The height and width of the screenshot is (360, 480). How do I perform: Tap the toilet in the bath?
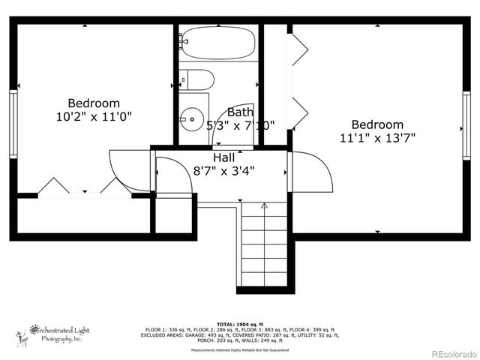(x=196, y=79)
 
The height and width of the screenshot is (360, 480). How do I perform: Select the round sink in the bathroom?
(x=192, y=118)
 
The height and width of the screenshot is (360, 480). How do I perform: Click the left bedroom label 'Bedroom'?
(x=94, y=103)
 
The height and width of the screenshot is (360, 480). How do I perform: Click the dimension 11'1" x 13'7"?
(x=377, y=138)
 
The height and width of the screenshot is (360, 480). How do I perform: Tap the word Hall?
(x=223, y=157)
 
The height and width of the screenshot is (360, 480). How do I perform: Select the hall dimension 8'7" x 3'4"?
(x=223, y=170)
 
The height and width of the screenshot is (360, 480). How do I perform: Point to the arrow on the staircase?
(x=264, y=205)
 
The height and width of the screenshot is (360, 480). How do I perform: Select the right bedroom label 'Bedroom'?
(x=377, y=124)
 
